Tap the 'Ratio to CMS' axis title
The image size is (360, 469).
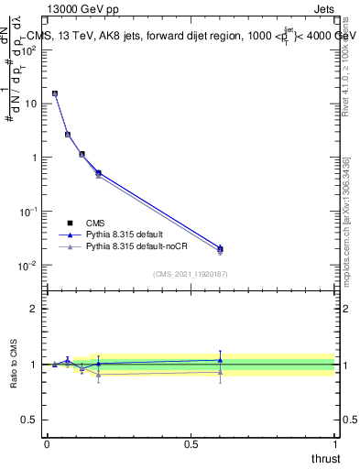click(15, 365)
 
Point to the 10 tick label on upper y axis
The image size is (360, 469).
click(30, 104)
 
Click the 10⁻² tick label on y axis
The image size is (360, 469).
click(28, 266)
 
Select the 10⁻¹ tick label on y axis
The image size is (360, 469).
click(28, 212)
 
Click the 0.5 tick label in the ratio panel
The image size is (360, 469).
click(30, 420)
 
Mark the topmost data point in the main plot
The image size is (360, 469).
click(55, 93)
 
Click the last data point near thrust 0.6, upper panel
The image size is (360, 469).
click(220, 248)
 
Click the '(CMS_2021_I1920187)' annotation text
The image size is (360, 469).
click(190, 275)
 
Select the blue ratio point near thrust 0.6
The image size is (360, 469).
click(220, 360)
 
